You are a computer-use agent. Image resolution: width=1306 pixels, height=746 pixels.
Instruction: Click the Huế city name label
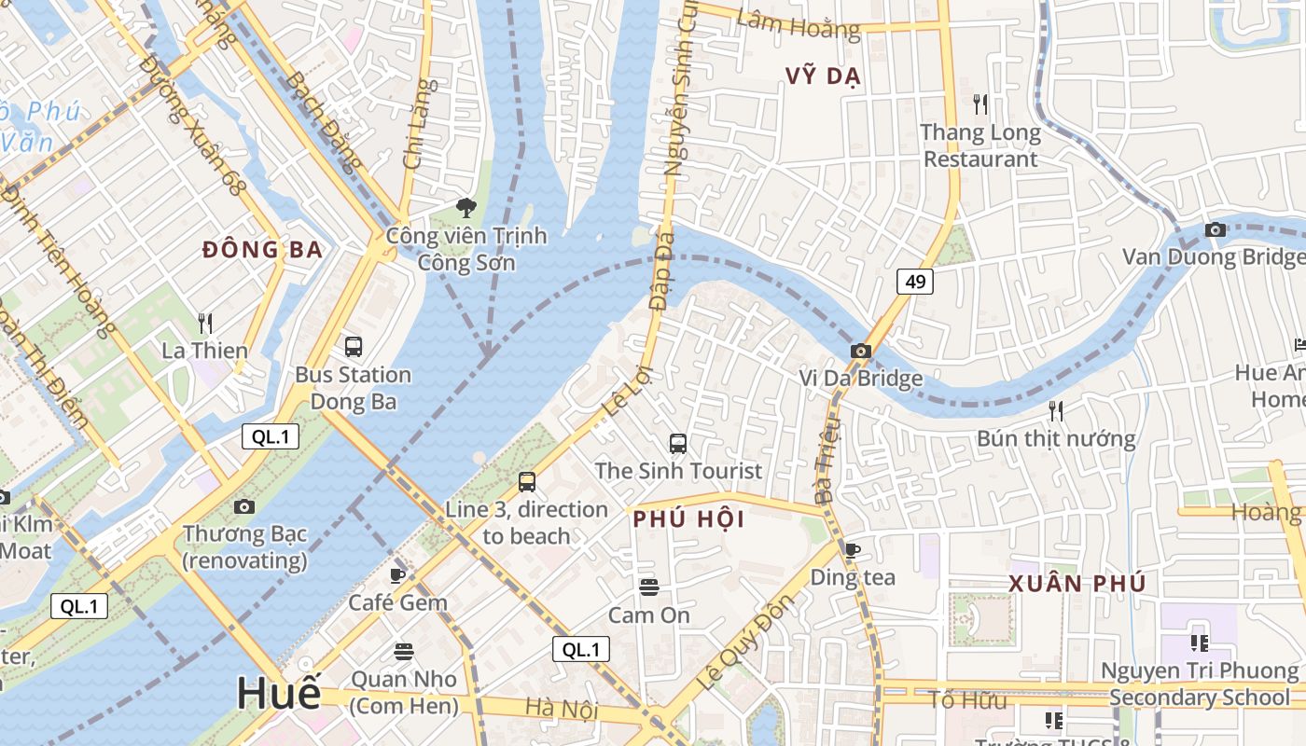(x=278, y=693)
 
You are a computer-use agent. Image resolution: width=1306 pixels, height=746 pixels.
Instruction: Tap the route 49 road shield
(x=915, y=281)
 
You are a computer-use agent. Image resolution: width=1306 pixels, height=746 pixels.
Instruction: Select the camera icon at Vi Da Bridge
(x=860, y=352)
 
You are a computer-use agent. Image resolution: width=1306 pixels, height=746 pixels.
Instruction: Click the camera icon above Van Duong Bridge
(x=1215, y=229)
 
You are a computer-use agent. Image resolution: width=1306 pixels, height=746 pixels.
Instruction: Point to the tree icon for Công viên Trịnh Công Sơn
(x=465, y=207)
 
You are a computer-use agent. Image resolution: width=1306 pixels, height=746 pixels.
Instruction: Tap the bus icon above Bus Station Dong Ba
(x=353, y=347)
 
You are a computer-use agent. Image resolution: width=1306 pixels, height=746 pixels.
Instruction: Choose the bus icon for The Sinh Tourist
(x=678, y=444)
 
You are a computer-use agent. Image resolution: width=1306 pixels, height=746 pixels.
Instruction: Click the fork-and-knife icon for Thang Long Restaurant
(x=979, y=104)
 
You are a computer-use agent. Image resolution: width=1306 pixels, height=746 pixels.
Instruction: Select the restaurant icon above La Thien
(x=205, y=324)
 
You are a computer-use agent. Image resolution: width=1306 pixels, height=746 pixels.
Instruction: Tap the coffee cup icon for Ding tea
(x=852, y=550)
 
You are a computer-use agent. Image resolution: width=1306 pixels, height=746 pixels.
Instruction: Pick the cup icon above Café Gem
(x=397, y=575)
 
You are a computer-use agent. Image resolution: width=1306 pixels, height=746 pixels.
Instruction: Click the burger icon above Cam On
(x=649, y=587)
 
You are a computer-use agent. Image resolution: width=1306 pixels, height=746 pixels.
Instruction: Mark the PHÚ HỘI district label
(x=689, y=520)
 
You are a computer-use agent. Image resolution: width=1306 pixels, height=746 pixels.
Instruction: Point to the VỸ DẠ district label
(x=824, y=76)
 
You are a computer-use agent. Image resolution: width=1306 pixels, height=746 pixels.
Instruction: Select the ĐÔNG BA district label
(x=263, y=249)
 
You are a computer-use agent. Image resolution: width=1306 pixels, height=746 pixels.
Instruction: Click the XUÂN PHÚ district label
(x=1077, y=584)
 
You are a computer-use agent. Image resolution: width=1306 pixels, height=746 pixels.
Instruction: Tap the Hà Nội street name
(x=561, y=710)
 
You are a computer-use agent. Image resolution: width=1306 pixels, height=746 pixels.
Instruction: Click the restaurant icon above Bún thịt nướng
(x=1056, y=410)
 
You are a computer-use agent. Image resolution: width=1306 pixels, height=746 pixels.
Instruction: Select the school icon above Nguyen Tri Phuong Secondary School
(x=1200, y=642)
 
